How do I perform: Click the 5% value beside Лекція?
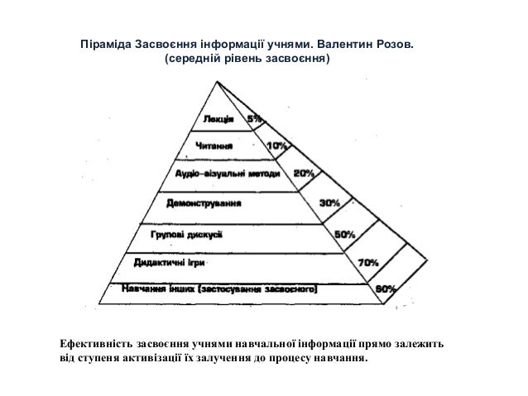(x=255, y=120)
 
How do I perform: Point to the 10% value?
(x=276, y=146)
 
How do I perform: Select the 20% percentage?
(x=303, y=174)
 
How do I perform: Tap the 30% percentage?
(x=329, y=202)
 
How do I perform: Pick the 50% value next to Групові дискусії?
(x=345, y=234)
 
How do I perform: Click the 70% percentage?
(x=368, y=262)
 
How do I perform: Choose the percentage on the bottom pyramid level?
(x=386, y=289)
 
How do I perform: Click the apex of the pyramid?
(x=218, y=80)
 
